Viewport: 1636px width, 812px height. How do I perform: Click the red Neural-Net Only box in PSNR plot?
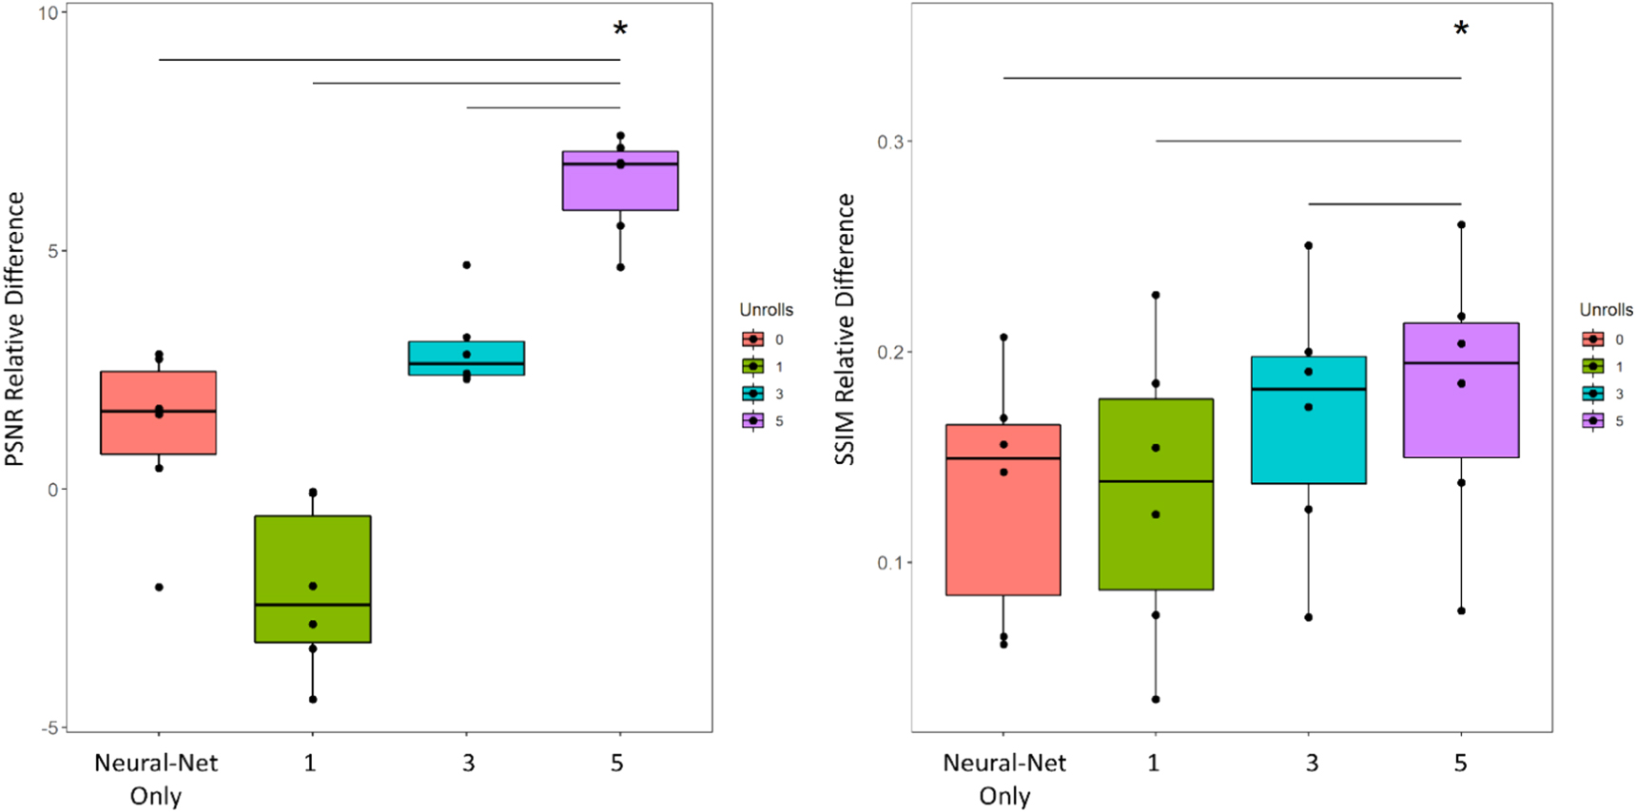tap(158, 433)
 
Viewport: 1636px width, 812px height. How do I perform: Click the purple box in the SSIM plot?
tap(1460, 409)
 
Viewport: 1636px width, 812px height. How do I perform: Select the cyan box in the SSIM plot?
tap(1308, 428)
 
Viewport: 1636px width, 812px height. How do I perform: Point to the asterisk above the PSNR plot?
tap(620, 29)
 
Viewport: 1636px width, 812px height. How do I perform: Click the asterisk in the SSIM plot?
tap(1461, 29)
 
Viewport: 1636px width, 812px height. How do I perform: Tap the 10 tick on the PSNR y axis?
tap(48, 13)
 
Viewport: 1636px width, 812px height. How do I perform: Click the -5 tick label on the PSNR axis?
tap(48, 727)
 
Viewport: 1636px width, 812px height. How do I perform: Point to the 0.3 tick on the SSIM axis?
tap(890, 142)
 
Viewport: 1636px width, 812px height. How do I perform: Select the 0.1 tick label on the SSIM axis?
tap(890, 563)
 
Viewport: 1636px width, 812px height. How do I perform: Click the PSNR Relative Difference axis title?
tap(15, 328)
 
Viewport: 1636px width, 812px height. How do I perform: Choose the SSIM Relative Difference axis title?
tap(845, 328)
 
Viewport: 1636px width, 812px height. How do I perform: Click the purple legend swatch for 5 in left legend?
tap(753, 420)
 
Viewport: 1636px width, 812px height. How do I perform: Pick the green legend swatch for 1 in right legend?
tap(1593, 366)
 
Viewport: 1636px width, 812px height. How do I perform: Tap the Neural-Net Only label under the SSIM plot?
tap(1004, 779)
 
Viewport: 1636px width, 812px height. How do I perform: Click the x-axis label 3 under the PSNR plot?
tap(467, 763)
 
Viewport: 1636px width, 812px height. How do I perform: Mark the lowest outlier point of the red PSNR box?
tap(159, 588)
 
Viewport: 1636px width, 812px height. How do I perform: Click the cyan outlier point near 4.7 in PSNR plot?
tap(466, 265)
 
